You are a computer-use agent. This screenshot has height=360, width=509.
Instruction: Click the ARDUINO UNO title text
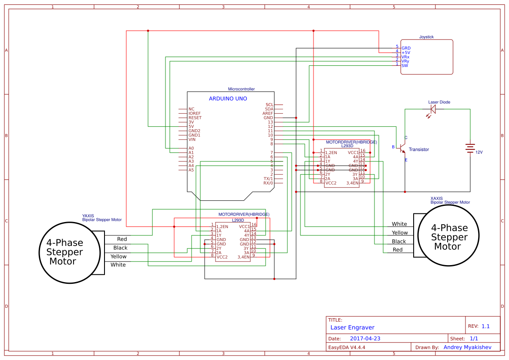[228, 99]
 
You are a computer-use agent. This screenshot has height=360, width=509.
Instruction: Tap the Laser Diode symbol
[432, 110]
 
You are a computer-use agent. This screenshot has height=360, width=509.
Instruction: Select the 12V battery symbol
[470, 148]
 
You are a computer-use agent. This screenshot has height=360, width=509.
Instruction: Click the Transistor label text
[419, 150]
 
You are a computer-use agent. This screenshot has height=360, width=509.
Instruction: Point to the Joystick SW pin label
[405, 66]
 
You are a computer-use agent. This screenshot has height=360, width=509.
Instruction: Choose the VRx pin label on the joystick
[405, 57]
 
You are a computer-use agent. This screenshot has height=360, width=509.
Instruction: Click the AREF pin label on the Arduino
[268, 114]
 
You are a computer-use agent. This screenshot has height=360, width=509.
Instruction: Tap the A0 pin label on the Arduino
[191, 148]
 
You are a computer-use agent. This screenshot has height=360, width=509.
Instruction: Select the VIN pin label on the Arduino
[192, 140]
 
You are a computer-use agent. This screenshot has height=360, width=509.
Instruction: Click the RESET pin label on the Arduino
[195, 118]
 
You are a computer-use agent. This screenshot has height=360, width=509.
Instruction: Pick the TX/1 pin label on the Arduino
[268, 179]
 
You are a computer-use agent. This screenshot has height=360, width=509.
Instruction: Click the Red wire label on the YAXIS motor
[122, 239]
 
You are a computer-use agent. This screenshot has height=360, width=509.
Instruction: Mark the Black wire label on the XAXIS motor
[399, 242]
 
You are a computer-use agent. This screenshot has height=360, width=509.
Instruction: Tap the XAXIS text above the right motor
[437, 198]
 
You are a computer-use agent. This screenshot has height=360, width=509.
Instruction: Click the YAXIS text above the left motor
[88, 215]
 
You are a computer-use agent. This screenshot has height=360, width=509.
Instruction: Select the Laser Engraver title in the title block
[352, 328]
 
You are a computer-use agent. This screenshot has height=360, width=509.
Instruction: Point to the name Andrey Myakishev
[467, 347]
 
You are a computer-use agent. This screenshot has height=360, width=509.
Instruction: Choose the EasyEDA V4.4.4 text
[347, 347]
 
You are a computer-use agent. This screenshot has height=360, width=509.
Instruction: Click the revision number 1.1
[485, 326]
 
